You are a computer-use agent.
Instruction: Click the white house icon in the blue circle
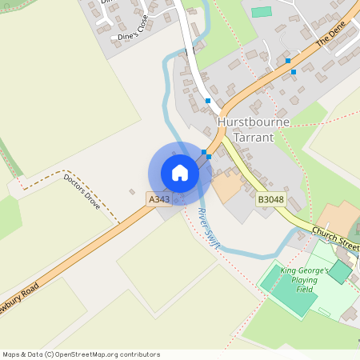[180, 173]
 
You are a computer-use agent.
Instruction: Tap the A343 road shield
[158, 197]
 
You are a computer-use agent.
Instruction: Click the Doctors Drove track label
[82, 191]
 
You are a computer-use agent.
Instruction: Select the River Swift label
[207, 228]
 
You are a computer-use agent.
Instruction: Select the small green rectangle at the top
[262, 12]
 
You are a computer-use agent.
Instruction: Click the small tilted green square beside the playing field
[339, 271]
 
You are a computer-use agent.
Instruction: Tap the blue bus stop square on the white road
[208, 101]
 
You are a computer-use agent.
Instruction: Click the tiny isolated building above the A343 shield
[132, 191]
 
